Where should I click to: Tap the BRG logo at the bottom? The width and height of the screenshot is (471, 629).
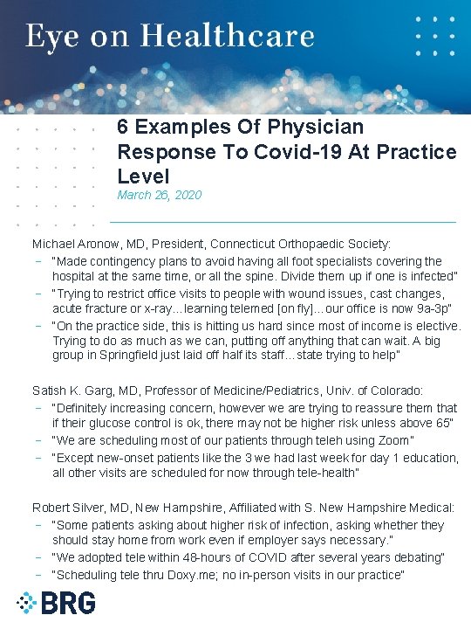(x=56, y=603)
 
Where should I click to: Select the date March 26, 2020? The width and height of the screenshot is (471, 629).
(x=159, y=195)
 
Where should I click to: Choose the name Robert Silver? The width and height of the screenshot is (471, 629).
(x=71, y=507)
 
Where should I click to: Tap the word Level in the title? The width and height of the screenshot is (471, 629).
(x=143, y=176)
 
